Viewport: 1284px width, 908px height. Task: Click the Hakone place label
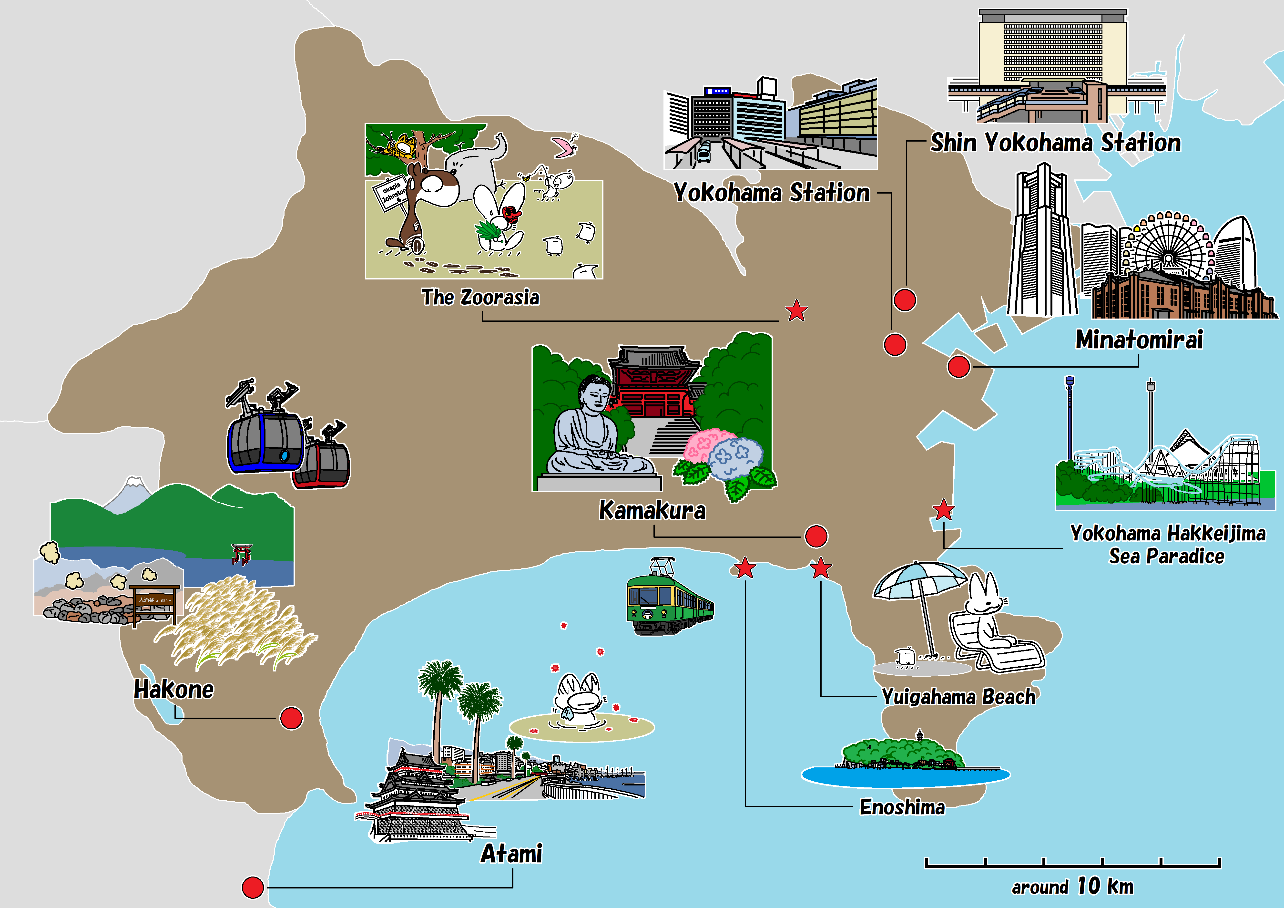(x=173, y=689)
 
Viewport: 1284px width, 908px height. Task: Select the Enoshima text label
(x=902, y=807)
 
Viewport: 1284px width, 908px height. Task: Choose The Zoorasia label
(x=480, y=297)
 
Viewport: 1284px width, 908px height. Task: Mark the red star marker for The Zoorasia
(x=796, y=310)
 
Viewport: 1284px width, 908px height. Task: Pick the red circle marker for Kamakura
(x=816, y=536)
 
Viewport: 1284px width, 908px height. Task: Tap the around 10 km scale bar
(x=1073, y=863)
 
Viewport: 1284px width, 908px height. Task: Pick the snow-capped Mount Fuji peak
(x=133, y=484)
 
